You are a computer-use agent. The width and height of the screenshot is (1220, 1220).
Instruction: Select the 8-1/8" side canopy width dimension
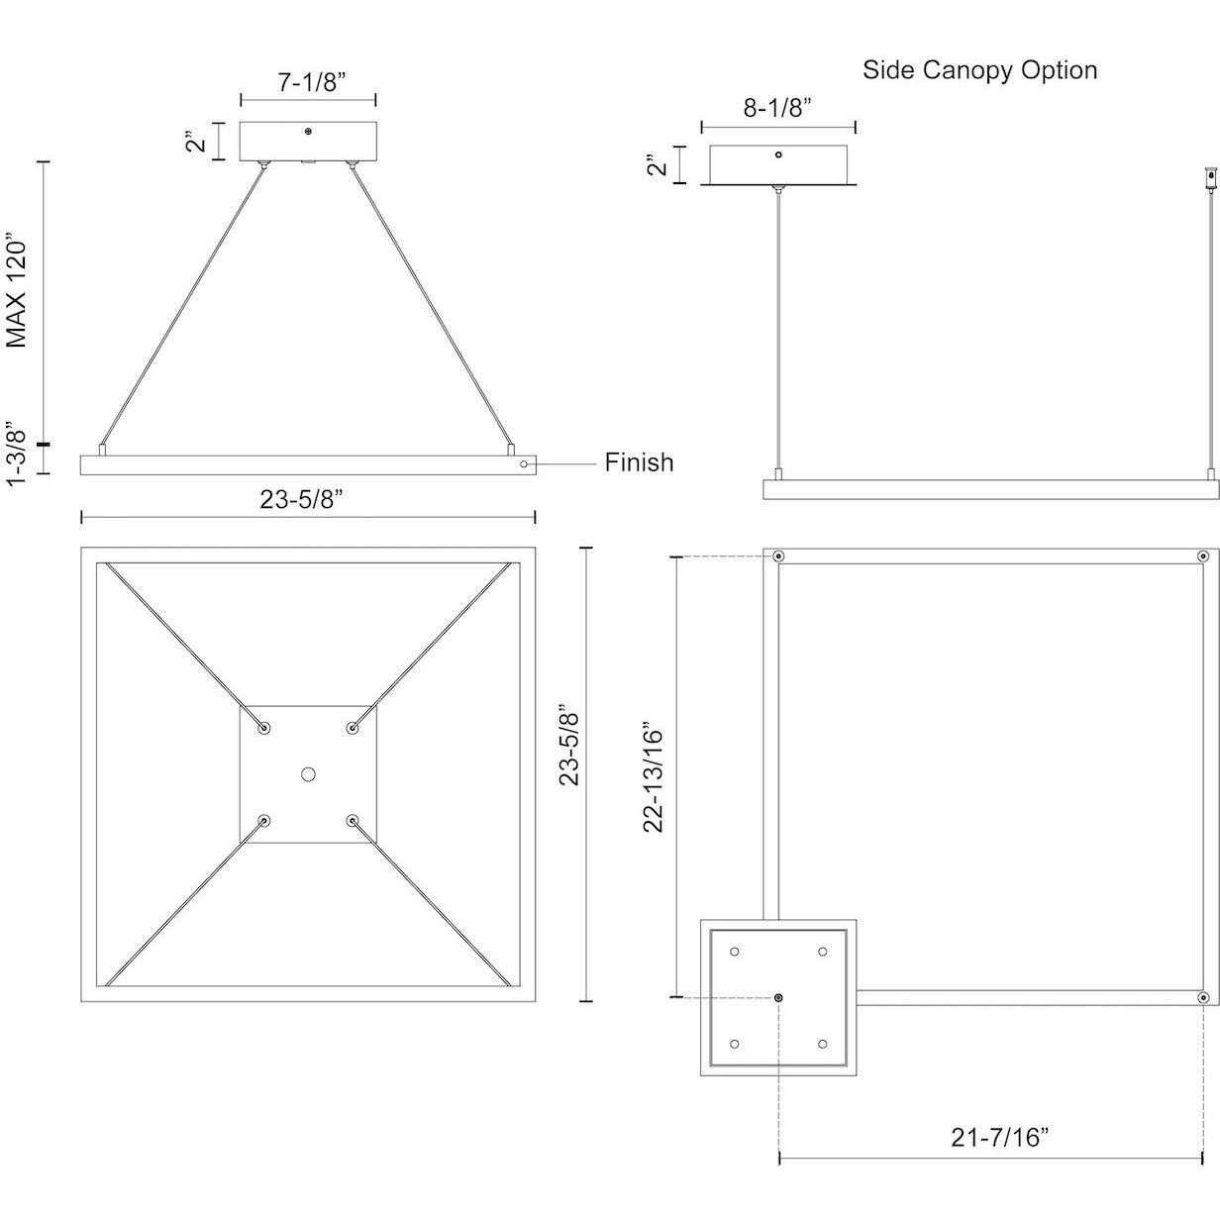click(777, 108)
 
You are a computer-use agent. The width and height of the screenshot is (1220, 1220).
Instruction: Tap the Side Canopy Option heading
click(979, 69)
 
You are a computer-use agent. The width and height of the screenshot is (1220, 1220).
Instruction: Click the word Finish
click(639, 462)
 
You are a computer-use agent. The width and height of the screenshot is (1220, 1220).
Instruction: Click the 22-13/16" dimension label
click(655, 775)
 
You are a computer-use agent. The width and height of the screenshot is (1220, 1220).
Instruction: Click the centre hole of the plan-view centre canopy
click(308, 773)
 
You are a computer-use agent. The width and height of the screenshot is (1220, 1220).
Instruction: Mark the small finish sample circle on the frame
click(524, 462)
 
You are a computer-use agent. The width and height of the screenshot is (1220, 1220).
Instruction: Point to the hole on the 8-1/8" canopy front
click(778, 154)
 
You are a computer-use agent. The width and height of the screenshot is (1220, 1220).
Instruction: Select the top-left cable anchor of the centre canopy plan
click(263, 728)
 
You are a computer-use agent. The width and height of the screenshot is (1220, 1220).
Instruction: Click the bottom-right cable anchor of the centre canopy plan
click(353, 820)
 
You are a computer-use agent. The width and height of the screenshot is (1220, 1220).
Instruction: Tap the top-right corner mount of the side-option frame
click(1202, 557)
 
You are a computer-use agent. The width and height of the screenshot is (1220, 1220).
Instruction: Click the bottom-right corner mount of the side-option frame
click(1202, 997)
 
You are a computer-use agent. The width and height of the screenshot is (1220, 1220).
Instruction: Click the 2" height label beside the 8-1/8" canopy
click(655, 163)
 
